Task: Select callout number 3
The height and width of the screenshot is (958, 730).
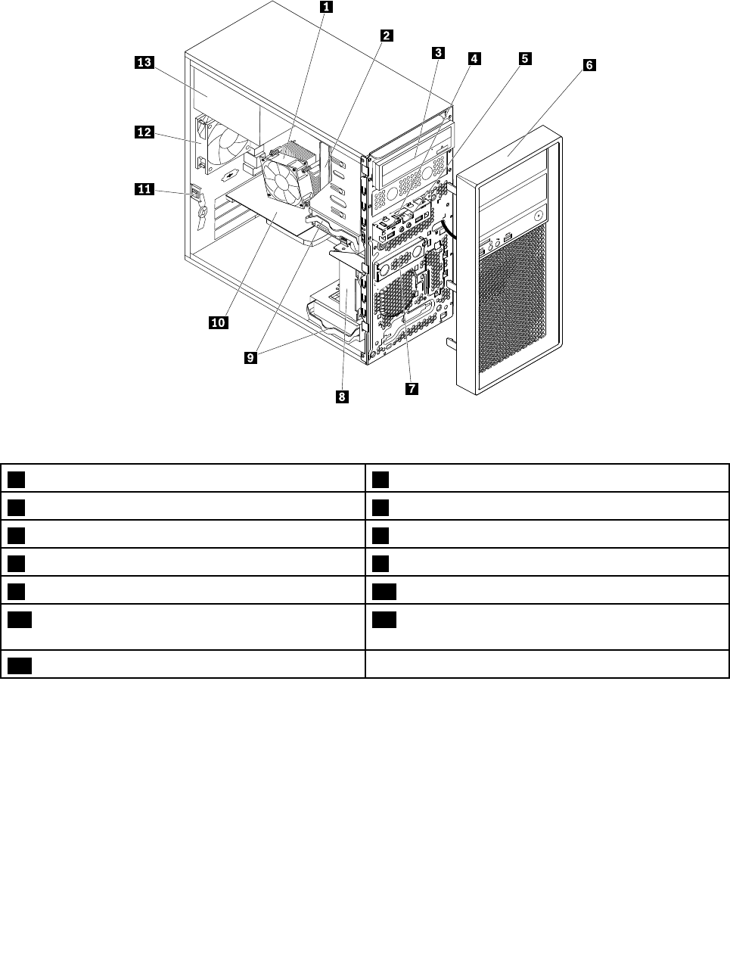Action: (x=438, y=52)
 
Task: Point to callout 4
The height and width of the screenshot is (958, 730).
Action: (x=474, y=58)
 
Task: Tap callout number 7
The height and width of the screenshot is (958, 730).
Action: (x=412, y=388)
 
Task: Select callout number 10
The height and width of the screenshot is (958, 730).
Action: (x=218, y=322)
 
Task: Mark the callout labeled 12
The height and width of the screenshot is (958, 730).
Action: (x=144, y=132)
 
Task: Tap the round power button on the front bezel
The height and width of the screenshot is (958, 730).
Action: (x=538, y=216)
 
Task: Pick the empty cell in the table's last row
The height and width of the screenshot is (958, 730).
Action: (x=547, y=664)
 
